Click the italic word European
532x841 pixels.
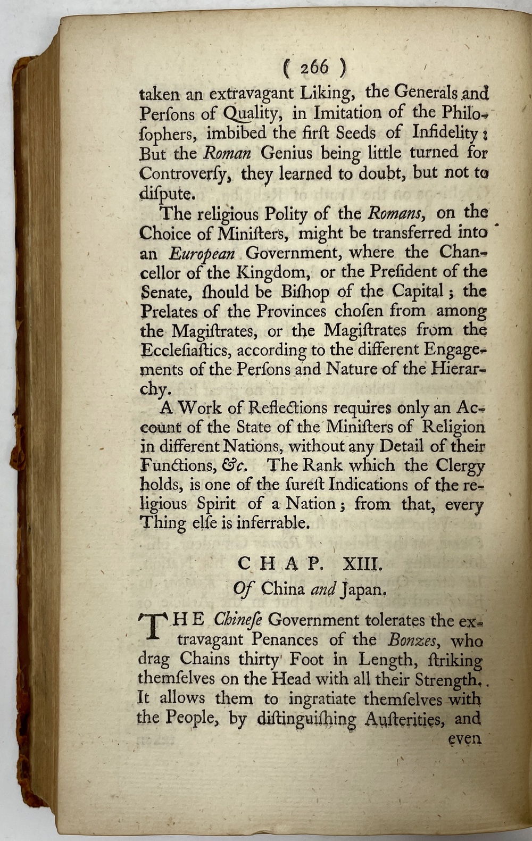pos(203,253)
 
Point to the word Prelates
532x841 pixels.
pos(168,311)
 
